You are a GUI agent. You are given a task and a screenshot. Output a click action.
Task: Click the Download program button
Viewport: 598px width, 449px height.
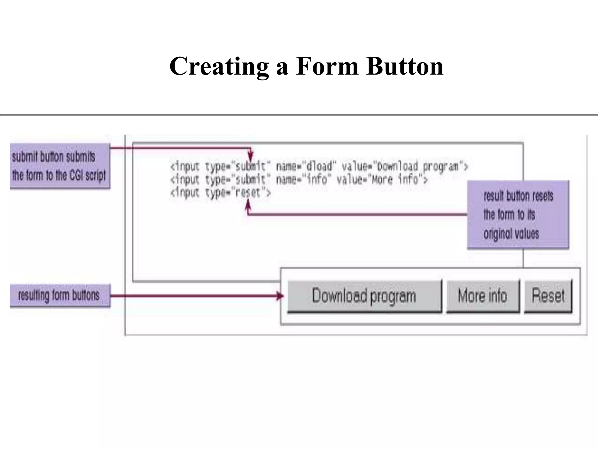pyautogui.click(x=364, y=296)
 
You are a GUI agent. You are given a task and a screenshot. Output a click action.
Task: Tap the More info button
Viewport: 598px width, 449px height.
pyautogui.click(x=483, y=296)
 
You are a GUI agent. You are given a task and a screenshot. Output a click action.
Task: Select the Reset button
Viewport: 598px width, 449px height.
pyautogui.click(x=548, y=296)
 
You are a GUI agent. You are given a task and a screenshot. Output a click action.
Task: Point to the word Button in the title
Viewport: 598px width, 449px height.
pyautogui.click(x=405, y=67)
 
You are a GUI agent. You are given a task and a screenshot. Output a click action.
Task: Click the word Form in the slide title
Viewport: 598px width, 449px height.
pyautogui.click(x=327, y=67)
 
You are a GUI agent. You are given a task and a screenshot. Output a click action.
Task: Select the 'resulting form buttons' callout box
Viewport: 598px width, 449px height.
pyautogui.click(x=60, y=295)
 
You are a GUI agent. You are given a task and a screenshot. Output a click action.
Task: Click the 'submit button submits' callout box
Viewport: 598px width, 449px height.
pyautogui.click(x=60, y=166)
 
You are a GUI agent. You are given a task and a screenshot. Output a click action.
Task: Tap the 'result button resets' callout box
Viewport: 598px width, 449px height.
pyautogui.click(x=518, y=215)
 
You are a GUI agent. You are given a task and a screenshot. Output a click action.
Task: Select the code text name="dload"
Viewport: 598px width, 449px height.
pyautogui.click(x=305, y=167)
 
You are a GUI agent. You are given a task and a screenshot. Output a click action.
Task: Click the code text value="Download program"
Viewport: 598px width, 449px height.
pyautogui.click(x=405, y=167)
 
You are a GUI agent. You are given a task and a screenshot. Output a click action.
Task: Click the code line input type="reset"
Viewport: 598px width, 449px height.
pyautogui.click(x=220, y=193)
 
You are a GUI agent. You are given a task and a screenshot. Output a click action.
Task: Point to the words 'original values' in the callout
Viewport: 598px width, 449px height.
pyautogui.click(x=511, y=234)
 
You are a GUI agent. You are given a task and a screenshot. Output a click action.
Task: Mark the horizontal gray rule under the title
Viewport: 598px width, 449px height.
pyautogui.click(x=299, y=115)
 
